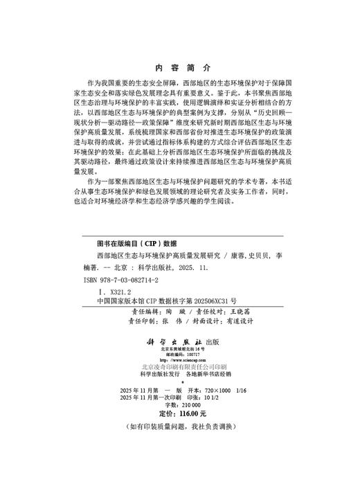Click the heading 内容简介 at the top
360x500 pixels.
click(180, 68)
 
